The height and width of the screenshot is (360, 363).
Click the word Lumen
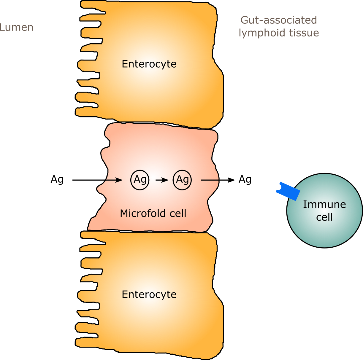17,27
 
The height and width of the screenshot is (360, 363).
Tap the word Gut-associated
278,20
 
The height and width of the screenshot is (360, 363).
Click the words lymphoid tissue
279,33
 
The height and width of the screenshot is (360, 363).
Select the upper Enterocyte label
149,64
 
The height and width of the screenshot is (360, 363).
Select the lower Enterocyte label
149,294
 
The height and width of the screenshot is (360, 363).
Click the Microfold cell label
153,213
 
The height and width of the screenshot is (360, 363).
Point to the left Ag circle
140,180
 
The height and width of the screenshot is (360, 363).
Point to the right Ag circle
182,180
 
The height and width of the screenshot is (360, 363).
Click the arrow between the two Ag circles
162,180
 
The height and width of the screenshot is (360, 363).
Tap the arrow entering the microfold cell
114,180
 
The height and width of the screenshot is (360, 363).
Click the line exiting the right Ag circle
210,180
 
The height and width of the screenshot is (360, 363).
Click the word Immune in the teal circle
324,204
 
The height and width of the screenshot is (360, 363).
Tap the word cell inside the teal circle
324,217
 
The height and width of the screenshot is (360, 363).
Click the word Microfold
140,213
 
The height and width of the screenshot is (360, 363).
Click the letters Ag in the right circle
182,180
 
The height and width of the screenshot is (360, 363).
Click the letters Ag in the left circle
140,180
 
